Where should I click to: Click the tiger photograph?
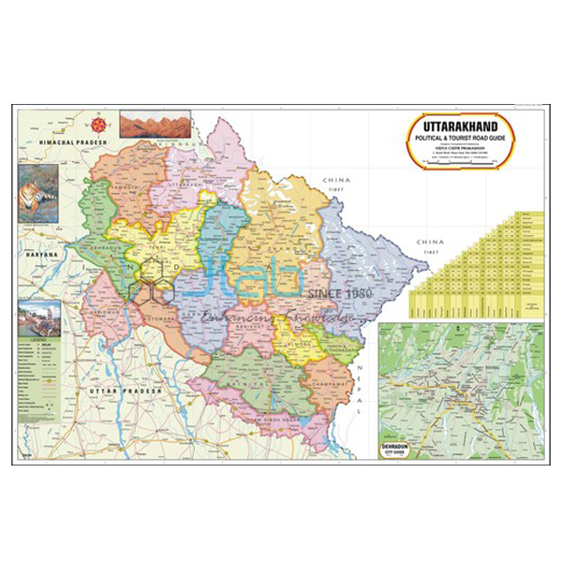(38, 193)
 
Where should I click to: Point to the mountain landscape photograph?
(155, 125)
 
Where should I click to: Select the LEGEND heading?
(37, 341)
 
